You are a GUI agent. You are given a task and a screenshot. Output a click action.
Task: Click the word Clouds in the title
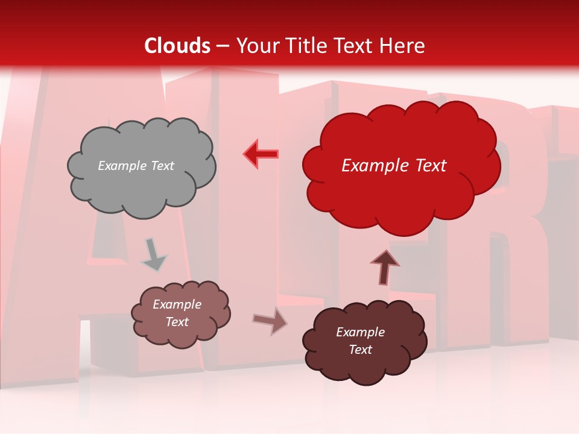pos(177,46)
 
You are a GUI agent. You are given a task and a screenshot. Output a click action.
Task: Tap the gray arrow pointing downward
pos(153,254)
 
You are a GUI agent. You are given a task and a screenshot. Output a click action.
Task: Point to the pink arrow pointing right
pos(270,321)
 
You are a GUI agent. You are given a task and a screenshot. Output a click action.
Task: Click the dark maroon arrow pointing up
pos(384,267)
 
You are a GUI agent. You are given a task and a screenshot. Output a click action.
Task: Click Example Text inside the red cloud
pos(394,166)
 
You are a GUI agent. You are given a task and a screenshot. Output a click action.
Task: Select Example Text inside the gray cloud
pos(136,166)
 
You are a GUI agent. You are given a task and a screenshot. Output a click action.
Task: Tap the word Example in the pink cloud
pos(177,304)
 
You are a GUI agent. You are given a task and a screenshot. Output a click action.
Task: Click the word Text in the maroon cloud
pos(360,350)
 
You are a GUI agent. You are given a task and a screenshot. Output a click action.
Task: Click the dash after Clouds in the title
pos(223,46)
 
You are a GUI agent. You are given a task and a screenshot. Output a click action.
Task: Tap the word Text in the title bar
pos(356,46)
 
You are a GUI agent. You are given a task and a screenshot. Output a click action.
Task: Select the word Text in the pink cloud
pos(177,322)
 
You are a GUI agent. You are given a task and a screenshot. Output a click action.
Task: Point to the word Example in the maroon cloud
pos(360,332)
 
